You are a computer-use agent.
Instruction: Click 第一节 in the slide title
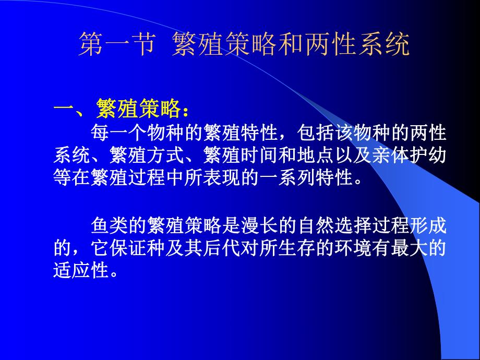[116, 45]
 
